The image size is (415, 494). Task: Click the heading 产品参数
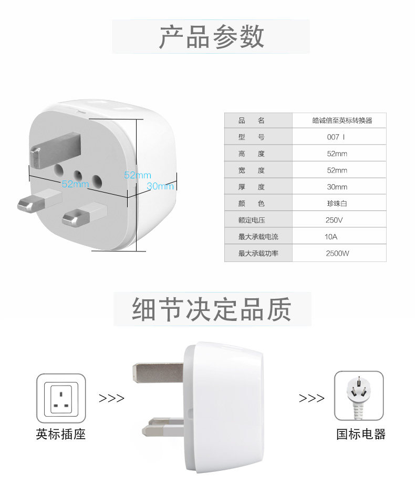211,37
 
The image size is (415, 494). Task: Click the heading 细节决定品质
211,309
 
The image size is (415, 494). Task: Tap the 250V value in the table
334,220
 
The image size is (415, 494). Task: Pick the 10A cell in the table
330,237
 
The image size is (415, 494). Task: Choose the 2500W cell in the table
337,253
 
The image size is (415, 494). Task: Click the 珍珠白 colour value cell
337,204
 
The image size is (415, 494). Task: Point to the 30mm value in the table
337,187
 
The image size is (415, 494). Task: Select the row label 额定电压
252,220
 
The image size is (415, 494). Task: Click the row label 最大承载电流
258,237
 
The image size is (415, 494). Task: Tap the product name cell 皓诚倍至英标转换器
342,120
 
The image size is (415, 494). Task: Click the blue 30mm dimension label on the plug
160,186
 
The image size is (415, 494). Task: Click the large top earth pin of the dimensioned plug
55,150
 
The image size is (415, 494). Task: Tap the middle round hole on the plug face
78,176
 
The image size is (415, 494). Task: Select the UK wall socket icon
61,398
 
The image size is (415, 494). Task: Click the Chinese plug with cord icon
359,396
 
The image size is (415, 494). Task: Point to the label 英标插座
61,434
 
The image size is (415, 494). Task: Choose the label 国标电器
360,434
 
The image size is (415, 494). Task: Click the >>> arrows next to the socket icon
111,398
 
